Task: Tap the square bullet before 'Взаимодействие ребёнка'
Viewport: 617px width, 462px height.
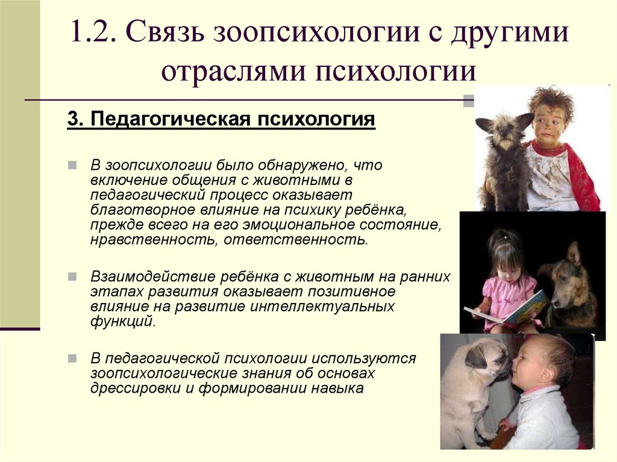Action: (72, 276)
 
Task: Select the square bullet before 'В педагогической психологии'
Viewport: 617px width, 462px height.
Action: (72, 358)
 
